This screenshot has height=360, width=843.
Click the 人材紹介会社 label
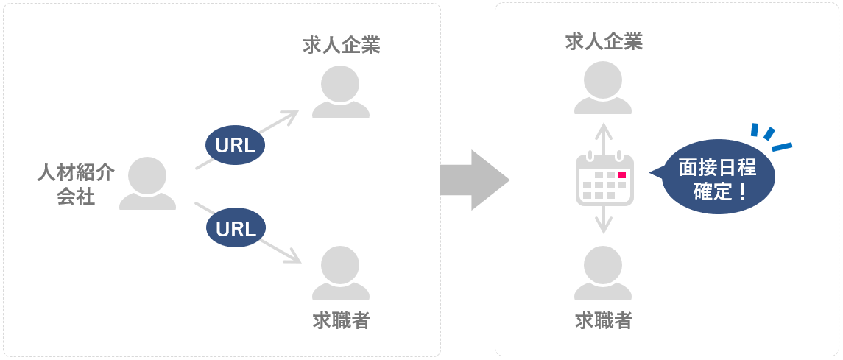76,184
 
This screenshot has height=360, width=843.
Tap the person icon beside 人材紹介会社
147,183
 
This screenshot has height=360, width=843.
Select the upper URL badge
236,145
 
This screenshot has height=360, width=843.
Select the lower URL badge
236,229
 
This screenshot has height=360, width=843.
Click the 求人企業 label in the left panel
342,46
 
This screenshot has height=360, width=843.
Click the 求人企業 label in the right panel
604,42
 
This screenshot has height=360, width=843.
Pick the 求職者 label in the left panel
341,320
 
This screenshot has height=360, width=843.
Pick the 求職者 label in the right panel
603,320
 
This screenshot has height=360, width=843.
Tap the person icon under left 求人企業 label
341,92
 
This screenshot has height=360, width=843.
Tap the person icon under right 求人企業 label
603,88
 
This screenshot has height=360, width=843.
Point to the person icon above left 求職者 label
341,273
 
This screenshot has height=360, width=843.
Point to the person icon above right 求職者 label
603,273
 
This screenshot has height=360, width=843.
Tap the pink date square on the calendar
622,175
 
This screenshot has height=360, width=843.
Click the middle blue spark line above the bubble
769,134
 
